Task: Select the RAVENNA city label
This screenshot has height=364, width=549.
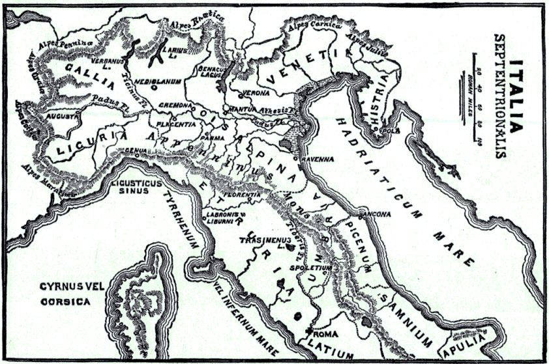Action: (x=317, y=159)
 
